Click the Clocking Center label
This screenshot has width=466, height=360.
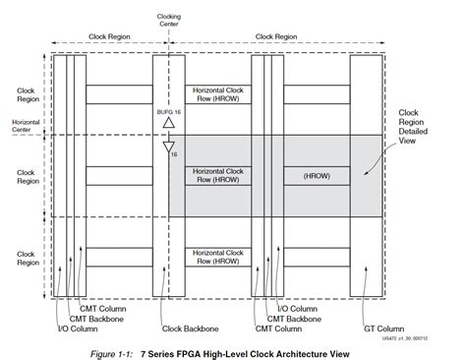click(169, 20)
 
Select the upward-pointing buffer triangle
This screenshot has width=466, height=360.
click(168, 126)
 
